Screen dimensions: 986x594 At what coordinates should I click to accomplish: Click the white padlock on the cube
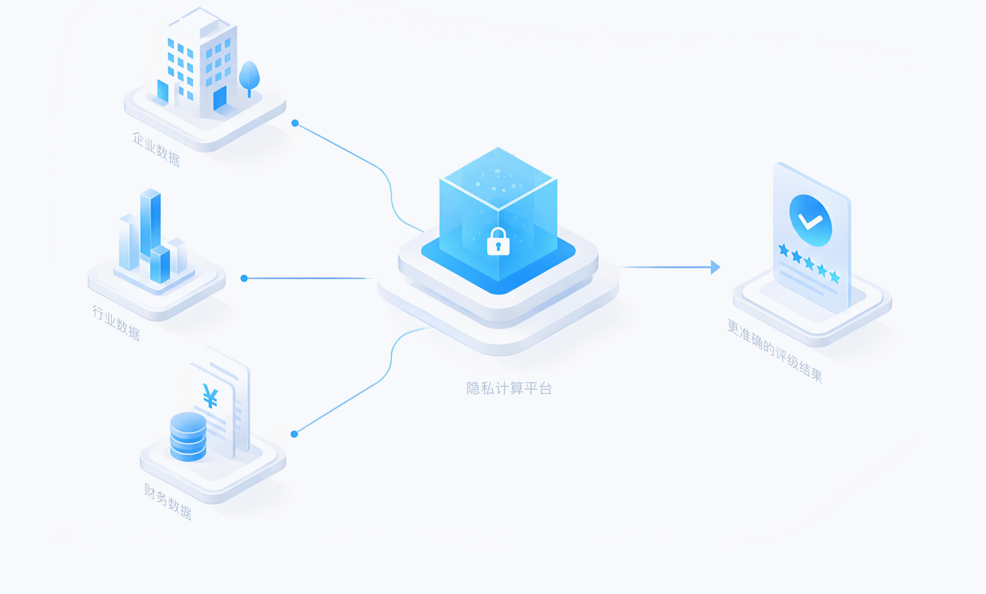pos(498,242)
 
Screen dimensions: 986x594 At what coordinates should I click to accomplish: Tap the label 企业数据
pos(156,150)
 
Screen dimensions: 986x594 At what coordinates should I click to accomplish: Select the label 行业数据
pos(116,323)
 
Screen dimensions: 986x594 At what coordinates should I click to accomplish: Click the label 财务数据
pos(168,502)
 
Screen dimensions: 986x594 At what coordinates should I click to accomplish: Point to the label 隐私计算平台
pos(509,388)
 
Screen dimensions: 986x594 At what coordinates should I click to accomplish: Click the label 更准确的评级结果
pos(775,351)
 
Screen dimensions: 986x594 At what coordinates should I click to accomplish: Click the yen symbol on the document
pos(210,396)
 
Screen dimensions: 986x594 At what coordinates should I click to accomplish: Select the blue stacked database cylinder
pos(188,437)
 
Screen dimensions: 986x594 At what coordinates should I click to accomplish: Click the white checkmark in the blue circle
pos(810,220)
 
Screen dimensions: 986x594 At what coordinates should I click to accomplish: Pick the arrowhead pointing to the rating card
pos(715,267)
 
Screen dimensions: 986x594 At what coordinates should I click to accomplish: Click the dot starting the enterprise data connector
pos(295,124)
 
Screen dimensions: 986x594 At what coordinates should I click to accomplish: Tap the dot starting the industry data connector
pos(244,278)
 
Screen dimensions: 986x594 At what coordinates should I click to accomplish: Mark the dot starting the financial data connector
pos(295,434)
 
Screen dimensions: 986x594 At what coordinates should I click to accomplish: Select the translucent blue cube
pos(498,215)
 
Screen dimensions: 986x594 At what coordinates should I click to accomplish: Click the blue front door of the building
pos(220,98)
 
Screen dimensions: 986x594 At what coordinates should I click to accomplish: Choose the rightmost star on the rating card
pos(835,277)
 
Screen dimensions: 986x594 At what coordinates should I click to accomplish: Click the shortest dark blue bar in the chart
pos(160,264)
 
